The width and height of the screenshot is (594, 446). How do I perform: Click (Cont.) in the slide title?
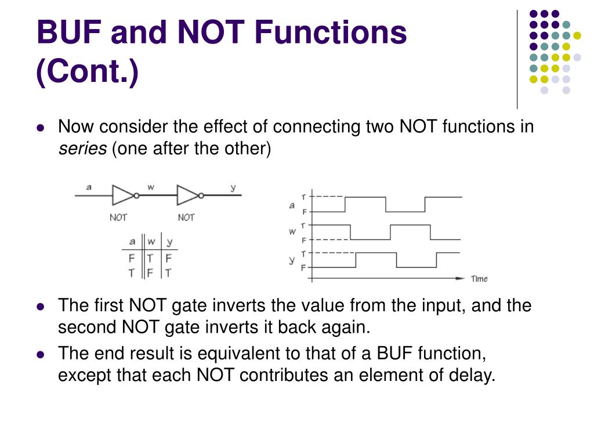88,73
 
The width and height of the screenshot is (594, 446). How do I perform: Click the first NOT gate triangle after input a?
123,195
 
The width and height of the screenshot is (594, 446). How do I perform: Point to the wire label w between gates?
151,187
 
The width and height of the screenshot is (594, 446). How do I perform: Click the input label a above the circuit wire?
89,186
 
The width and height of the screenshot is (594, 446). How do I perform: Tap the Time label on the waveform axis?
479,279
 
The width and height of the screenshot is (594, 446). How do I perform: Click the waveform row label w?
292,232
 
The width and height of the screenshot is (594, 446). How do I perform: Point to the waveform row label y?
292,260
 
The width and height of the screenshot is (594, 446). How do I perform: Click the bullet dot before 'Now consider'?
41,128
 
